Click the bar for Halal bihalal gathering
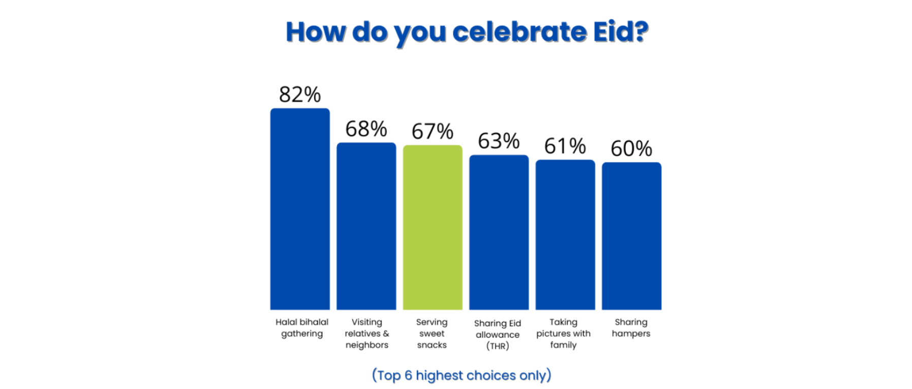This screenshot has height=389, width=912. click(x=300, y=208)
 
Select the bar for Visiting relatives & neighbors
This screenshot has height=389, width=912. click(x=366, y=226)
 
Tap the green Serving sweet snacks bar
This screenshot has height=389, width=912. click(x=433, y=227)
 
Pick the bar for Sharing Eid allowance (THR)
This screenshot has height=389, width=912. click(x=499, y=232)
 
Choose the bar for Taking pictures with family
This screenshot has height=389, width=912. click(x=565, y=234)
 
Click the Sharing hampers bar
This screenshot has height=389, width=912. click(x=631, y=235)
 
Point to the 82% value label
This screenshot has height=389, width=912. click(x=300, y=95)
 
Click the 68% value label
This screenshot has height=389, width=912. click(x=366, y=129)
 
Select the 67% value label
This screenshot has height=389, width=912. click(x=433, y=132)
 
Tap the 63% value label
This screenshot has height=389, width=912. click(x=499, y=141)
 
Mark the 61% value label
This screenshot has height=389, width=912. click(x=565, y=146)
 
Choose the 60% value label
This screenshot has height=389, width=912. click(x=631, y=149)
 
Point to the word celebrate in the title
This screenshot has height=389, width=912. click(x=520, y=32)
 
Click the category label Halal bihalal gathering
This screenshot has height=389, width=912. click(x=302, y=327)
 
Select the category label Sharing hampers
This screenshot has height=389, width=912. click(x=631, y=327)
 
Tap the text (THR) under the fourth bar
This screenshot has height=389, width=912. click(x=498, y=346)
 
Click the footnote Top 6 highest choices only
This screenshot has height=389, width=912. click(x=462, y=375)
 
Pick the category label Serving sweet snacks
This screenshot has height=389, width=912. click(x=432, y=333)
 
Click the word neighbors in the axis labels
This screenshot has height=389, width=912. click(x=367, y=345)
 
